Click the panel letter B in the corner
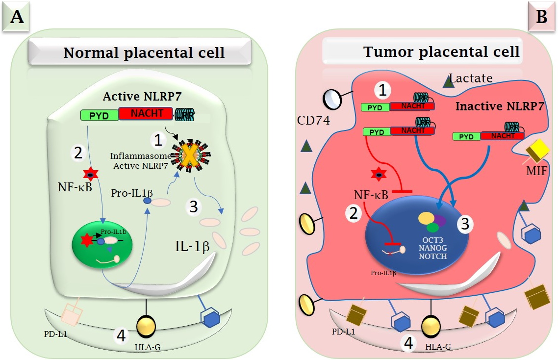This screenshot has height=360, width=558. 542,17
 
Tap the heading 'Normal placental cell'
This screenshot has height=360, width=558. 144,52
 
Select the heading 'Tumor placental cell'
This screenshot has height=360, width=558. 441,51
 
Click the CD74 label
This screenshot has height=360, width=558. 315,120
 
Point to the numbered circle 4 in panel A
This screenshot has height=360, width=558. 122,336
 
